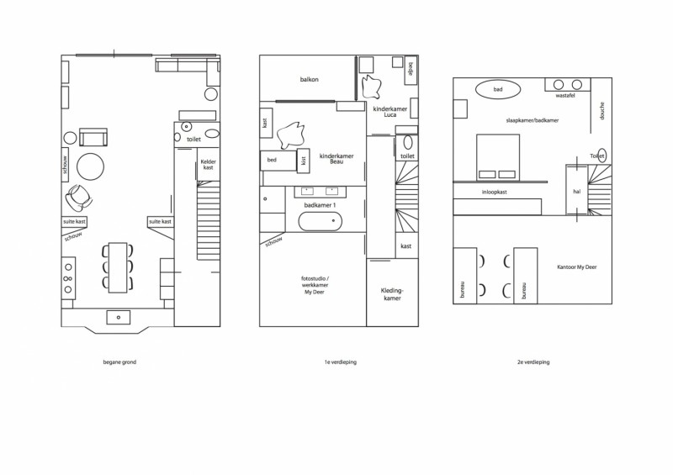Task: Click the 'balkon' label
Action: click(309, 79)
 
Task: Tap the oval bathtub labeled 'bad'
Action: click(498, 89)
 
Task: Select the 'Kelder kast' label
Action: click(208, 164)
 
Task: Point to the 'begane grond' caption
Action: click(119, 362)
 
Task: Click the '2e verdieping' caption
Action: click(533, 362)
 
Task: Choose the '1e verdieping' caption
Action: click(341, 362)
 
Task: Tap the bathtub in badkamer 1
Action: click(321, 221)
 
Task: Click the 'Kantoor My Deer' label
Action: click(577, 267)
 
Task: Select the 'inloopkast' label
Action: click(495, 193)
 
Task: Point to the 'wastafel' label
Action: click(565, 96)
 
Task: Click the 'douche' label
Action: click(602, 111)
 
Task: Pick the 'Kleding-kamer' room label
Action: click(392, 294)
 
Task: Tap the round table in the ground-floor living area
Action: click(91, 166)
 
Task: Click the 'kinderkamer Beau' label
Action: click(336, 159)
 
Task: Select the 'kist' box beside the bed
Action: click(304, 161)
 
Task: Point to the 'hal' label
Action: click(577, 192)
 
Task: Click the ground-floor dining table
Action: click(118, 267)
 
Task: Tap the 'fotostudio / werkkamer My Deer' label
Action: click(315, 285)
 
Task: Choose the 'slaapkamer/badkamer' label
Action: click(533, 120)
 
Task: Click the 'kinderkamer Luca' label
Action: click(390, 112)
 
